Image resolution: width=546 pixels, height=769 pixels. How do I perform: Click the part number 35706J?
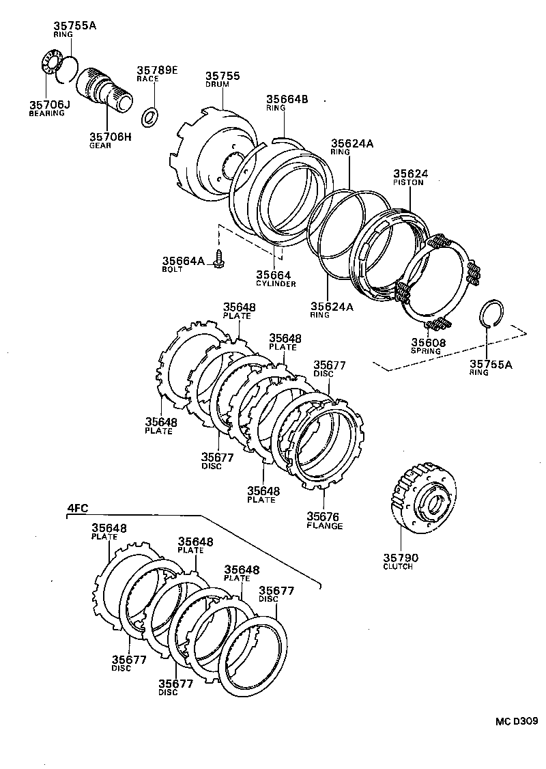49,104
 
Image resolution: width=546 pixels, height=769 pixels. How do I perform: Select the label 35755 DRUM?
222,79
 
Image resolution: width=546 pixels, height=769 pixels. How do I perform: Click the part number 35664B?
287,100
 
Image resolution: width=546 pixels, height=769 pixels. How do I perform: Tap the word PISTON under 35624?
409,182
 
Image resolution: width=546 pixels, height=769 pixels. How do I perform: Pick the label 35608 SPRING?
425,346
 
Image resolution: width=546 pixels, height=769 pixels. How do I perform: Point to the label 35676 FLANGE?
324,520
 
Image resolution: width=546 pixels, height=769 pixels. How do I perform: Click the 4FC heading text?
76,507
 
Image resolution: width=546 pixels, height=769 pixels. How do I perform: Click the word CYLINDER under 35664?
276,283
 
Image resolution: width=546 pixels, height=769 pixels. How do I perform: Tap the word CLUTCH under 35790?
398,567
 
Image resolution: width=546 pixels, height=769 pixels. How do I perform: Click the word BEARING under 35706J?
46,113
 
